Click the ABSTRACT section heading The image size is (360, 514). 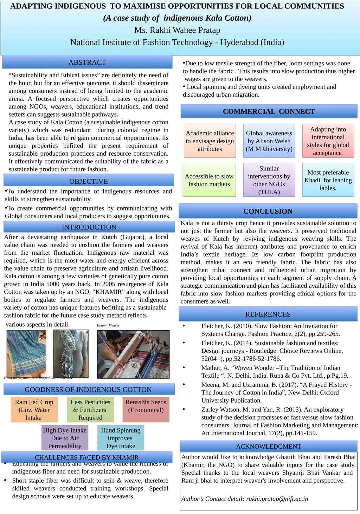click(87, 62)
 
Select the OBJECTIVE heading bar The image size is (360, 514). click(88, 181)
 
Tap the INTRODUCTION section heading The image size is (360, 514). click(89, 227)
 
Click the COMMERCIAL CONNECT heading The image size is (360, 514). click(269, 111)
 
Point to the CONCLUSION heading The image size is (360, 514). click(268, 211)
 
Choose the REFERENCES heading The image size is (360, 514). click(268, 314)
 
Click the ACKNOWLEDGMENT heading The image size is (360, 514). click(269, 446)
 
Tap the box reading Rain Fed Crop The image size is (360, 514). click(34, 410)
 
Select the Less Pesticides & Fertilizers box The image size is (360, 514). click(90, 410)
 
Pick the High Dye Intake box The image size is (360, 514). click(65, 438)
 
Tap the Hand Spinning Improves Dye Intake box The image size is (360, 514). click(121, 438)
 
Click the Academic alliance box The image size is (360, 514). click(210, 141)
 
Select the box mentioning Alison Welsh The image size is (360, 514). click(269, 141)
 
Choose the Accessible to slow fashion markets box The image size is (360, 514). click(209, 180)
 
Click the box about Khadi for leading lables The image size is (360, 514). click(328, 180)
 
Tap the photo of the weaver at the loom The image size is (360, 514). click(133, 354)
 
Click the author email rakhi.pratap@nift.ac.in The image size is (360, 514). click(277, 499)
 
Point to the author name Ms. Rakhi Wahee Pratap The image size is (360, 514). click(177, 30)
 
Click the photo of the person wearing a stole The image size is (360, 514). click(71, 353)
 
